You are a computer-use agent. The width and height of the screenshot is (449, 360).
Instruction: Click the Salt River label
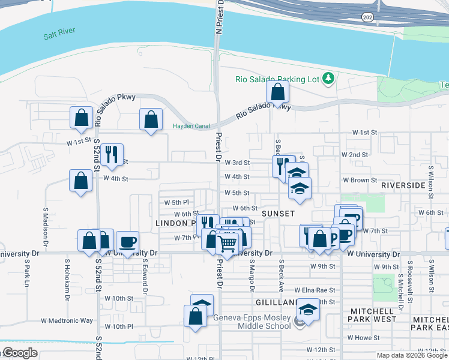point(58,36)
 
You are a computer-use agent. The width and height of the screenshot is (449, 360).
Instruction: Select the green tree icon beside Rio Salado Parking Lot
point(328,78)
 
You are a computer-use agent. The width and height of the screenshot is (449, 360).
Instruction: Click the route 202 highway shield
point(366,17)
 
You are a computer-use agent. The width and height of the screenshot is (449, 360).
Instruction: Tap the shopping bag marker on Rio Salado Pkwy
point(277,92)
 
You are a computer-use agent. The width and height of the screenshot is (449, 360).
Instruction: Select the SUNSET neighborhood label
point(278,214)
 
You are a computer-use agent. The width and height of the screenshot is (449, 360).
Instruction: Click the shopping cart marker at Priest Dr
point(228,243)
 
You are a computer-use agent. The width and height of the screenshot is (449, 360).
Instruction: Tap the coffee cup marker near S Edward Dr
point(127,242)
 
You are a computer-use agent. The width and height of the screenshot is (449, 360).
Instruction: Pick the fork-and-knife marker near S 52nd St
point(112,154)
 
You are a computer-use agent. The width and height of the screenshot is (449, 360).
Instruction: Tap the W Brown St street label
point(360,180)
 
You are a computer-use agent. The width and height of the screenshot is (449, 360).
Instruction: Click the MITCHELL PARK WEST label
point(373,319)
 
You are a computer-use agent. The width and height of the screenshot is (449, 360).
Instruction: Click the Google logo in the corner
point(20,353)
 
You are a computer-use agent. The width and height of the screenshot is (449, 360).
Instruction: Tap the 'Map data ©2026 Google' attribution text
point(411,355)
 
